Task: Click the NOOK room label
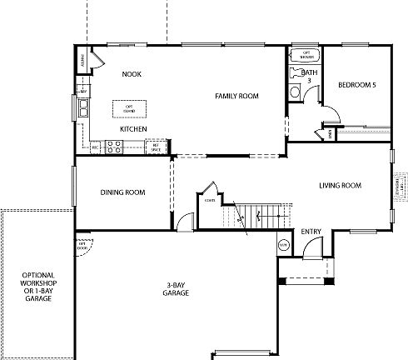click(x=131, y=74)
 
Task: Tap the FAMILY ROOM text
click(x=236, y=97)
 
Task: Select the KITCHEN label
click(x=133, y=129)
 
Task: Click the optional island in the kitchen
click(x=130, y=108)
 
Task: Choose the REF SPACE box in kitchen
click(x=155, y=147)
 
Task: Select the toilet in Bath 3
click(x=296, y=73)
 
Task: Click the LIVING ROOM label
click(x=339, y=185)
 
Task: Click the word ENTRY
click(x=311, y=231)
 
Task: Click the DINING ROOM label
click(x=122, y=192)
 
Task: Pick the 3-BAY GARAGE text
click(x=176, y=290)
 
